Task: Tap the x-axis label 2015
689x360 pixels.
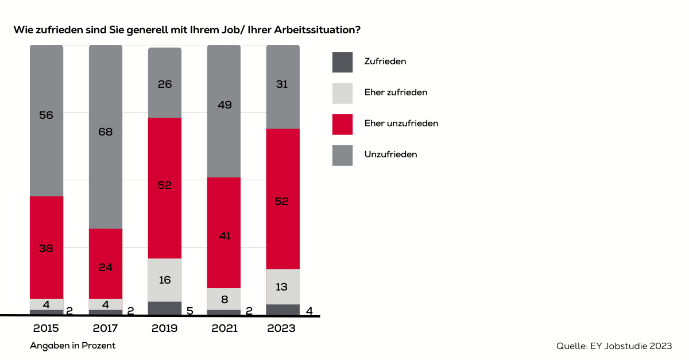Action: pyautogui.click(x=46, y=329)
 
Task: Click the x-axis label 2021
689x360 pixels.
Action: pyautogui.click(x=223, y=329)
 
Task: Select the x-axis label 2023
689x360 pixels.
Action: pyautogui.click(x=282, y=329)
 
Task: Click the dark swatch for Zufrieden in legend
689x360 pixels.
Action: pyautogui.click(x=342, y=62)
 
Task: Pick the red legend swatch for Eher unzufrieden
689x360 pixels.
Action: pyautogui.click(x=342, y=124)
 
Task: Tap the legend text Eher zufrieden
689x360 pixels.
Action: pyautogui.click(x=396, y=92)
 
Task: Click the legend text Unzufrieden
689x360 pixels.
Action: pyautogui.click(x=390, y=154)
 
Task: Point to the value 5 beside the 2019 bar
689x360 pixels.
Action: pyautogui.click(x=190, y=311)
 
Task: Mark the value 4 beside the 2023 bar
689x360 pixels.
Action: pyautogui.click(x=308, y=311)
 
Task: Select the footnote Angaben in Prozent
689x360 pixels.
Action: pyautogui.click(x=73, y=346)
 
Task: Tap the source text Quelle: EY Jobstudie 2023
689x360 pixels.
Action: pyautogui.click(x=614, y=346)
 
